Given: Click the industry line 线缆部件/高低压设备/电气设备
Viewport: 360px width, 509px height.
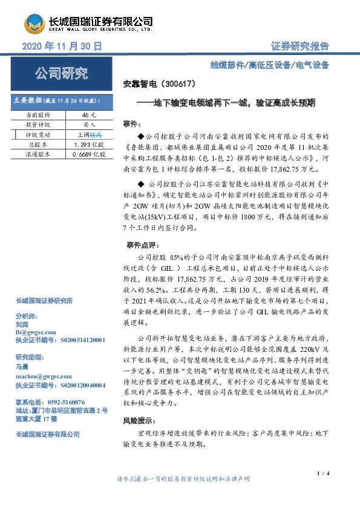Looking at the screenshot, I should click(x=278, y=65).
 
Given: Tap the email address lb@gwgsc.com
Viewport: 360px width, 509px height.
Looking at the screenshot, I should click(x=36, y=332).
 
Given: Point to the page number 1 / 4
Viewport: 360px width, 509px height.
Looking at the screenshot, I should click(x=322, y=472).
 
